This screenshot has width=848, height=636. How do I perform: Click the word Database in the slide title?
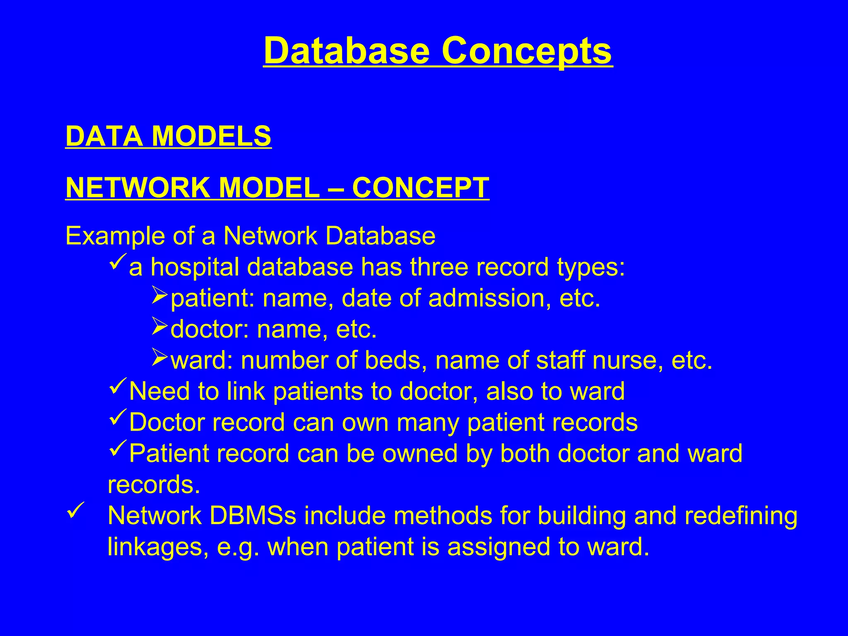(347, 51)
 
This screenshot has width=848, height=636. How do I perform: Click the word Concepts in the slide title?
(527, 51)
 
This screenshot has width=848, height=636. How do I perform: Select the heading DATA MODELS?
(169, 136)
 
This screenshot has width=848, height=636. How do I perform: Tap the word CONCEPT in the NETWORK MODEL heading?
(421, 188)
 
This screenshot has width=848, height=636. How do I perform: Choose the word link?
(246, 391)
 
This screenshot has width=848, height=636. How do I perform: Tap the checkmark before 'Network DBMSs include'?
(75, 510)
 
